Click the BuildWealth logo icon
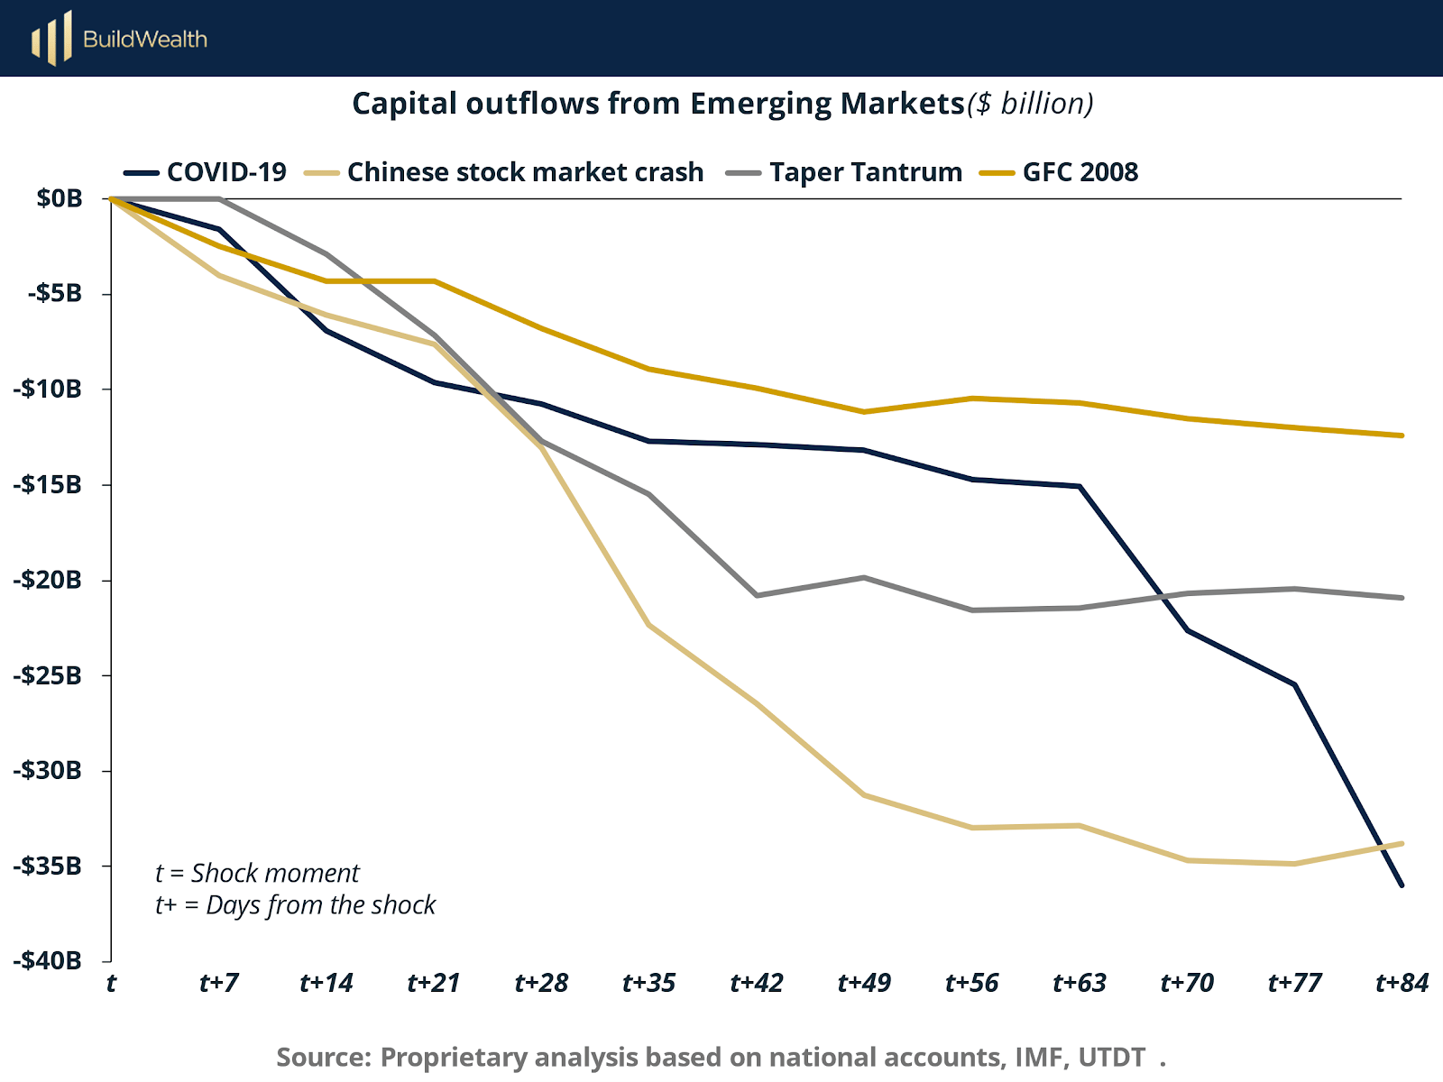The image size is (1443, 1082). (x=51, y=38)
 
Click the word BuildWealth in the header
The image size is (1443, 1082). (x=145, y=39)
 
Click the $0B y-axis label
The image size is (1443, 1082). (x=60, y=198)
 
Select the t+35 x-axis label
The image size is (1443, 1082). (x=648, y=983)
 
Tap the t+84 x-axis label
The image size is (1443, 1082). (x=1402, y=983)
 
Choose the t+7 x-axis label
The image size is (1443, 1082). (x=218, y=983)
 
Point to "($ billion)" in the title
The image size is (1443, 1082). (x=1030, y=105)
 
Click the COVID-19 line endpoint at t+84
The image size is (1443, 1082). (x=1402, y=885)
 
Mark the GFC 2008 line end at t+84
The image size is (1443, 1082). (x=1402, y=436)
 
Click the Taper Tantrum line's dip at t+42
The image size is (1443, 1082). (x=756, y=595)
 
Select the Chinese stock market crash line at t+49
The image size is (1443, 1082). (x=864, y=794)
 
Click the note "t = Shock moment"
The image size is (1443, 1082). (x=257, y=873)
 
